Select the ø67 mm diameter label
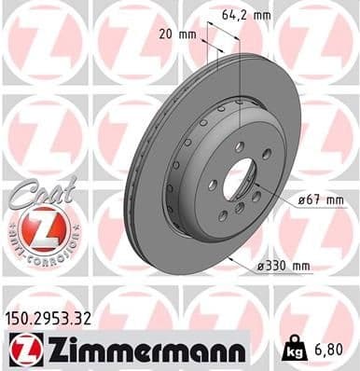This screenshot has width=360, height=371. [320, 199]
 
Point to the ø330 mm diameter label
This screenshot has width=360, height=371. [284, 267]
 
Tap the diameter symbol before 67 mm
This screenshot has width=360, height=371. [300, 199]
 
